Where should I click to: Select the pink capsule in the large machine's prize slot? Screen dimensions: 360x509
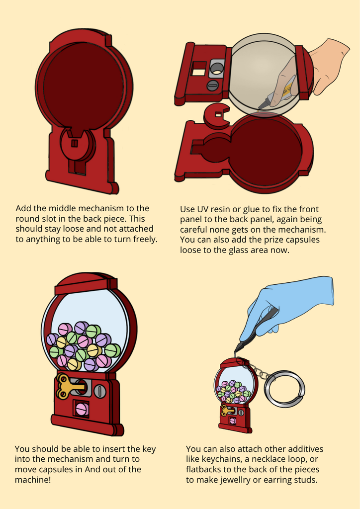(x=82, y=410)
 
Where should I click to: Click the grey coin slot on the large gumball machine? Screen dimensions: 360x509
(x=100, y=391)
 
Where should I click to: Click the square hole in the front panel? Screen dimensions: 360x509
(x=199, y=68)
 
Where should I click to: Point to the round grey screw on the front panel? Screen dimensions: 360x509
(x=212, y=85)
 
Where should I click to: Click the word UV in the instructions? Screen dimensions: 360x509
(x=203, y=209)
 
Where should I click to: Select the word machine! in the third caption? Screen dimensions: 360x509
(x=33, y=480)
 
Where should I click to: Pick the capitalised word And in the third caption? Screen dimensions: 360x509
(x=92, y=469)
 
